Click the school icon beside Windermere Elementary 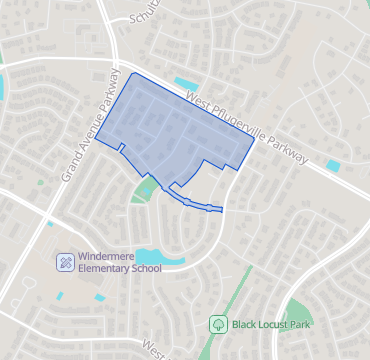coord(65,262)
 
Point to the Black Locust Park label coord(271,324)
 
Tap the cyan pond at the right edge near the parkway coord(333,165)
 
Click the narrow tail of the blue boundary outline coord(205,206)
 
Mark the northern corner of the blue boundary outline coord(134,73)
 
